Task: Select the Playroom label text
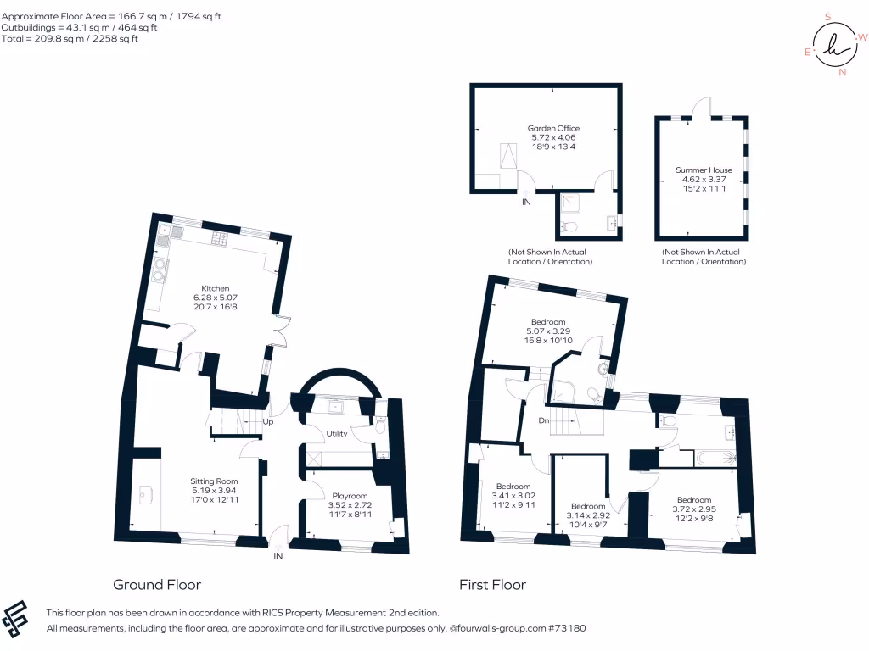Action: coord(350,496)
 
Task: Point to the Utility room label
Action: coord(337,433)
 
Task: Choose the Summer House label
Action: coord(704,170)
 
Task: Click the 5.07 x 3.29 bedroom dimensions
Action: coord(548,331)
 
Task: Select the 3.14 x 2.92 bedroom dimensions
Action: coord(587,515)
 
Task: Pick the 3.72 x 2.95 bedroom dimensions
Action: coord(693,509)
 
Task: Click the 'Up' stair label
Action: coord(268,421)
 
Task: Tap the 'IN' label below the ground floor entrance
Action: coord(278,556)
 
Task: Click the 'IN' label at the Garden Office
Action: coord(526,202)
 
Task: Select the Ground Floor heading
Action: coord(157,584)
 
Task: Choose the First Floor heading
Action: coord(492,584)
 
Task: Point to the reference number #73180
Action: coord(567,628)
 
